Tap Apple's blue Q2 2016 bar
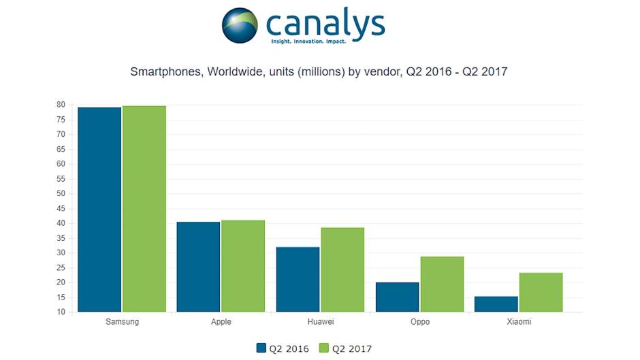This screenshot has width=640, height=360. pos(198,267)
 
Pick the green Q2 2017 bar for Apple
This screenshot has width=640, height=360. pos(243,266)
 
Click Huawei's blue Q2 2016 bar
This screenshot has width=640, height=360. pos(298,279)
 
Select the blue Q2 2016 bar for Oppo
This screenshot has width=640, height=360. pos(397,297)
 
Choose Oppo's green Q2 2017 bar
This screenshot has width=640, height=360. pos(442,284)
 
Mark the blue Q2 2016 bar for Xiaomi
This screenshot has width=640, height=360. pos(496,304)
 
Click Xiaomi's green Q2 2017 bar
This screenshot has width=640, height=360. pos(541,292)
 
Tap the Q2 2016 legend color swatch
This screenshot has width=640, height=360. pos(261,348)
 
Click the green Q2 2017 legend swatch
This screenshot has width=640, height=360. pos(323,348)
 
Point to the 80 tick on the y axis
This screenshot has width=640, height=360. pos(61,105)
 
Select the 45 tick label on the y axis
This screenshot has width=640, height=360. pos(61,208)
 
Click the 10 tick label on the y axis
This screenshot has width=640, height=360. pos(61,312)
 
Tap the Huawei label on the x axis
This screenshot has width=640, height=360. pos(320,322)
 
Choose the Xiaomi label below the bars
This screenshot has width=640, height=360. pos(519,322)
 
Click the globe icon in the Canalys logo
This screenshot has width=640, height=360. pos(240,26)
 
